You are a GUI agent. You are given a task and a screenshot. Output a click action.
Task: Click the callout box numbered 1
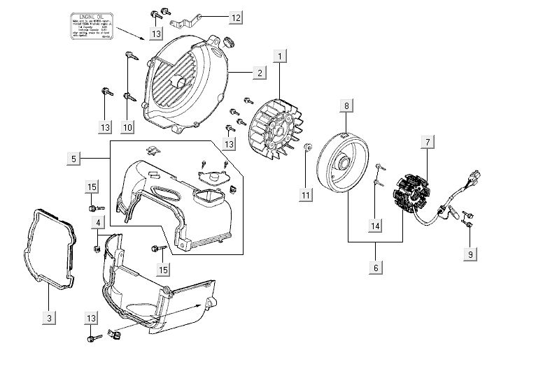pyautogui.click(x=280, y=55)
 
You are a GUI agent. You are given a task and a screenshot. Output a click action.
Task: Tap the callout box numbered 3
pyautogui.click(x=49, y=318)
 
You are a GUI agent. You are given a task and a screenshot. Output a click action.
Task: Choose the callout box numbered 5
pyautogui.click(x=73, y=159)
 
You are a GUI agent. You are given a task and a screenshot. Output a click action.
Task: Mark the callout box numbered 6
pyautogui.click(x=375, y=268)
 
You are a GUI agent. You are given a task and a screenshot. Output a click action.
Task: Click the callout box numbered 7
pyautogui.click(x=424, y=143)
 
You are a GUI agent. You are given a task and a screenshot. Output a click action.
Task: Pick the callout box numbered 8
pyautogui.click(x=346, y=106)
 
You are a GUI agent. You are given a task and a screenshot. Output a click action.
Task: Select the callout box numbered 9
pyautogui.click(x=472, y=254)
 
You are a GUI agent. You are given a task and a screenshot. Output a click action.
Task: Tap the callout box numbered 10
pyautogui.click(x=127, y=126)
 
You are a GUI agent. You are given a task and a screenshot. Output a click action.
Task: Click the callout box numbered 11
pyautogui.click(x=305, y=195)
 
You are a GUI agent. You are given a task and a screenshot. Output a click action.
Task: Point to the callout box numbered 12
pyautogui.click(x=235, y=16)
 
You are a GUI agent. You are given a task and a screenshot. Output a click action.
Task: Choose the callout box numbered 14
pyautogui.click(x=375, y=225)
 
